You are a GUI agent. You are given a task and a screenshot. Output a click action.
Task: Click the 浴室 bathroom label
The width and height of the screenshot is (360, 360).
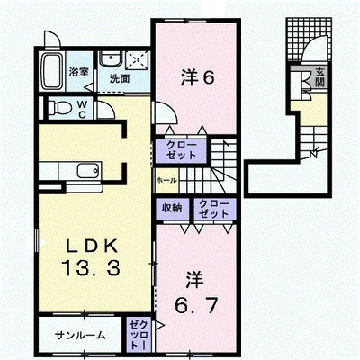click(x=79, y=72)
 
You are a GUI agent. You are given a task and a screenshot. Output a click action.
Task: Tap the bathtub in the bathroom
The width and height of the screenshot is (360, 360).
click(x=52, y=71)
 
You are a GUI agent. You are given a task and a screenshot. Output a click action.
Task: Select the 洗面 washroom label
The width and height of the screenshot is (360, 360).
click(x=120, y=78)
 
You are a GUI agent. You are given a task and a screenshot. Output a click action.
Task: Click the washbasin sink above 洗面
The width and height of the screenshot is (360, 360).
click(x=111, y=58)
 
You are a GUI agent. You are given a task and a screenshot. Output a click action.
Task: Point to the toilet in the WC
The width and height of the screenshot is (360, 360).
click(x=60, y=108)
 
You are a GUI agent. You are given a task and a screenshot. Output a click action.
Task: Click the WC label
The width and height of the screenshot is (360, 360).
click(x=83, y=109)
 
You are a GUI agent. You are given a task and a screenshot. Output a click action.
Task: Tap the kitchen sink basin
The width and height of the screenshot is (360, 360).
click(x=87, y=171)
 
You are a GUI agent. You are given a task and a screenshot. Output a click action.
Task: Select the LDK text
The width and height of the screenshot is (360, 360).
click(x=91, y=247)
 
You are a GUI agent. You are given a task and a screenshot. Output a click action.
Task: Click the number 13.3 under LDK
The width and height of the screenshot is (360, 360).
click(x=91, y=268)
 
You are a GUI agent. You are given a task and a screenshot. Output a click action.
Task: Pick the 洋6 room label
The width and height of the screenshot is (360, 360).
click(x=198, y=78)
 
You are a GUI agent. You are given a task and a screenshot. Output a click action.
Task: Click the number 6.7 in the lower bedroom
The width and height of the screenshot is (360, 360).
click(x=196, y=306)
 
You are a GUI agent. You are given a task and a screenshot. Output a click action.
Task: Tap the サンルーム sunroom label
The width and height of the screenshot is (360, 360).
click(x=80, y=335)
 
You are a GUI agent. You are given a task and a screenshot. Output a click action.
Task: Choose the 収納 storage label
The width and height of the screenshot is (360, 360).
click(x=172, y=208)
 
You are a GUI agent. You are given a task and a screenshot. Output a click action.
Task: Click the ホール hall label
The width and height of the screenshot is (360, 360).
click(x=166, y=181)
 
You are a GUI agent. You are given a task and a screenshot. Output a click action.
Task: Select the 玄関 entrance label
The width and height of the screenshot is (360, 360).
click(x=319, y=78)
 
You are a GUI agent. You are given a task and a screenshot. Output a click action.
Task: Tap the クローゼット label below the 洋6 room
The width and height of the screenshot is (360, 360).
click(x=181, y=150)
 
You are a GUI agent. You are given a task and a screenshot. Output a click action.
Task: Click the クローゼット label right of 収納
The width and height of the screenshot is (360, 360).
click(x=214, y=209)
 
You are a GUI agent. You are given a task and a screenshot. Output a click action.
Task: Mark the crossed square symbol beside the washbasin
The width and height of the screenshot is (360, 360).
click(x=138, y=60)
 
